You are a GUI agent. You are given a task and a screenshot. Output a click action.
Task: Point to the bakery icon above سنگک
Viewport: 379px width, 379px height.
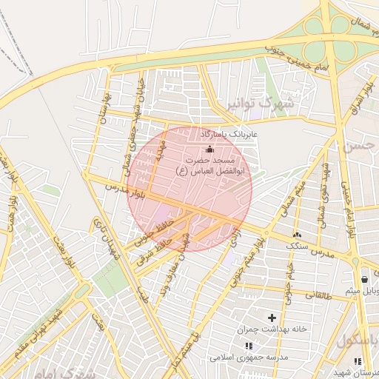pos(297,235)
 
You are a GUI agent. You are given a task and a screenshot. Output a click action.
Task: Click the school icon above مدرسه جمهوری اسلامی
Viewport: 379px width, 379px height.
pos(249,346)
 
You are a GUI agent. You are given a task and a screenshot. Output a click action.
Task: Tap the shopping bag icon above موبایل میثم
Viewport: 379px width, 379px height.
pos(364,279)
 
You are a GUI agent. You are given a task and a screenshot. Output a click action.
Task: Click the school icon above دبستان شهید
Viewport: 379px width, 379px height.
pos(358,361)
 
